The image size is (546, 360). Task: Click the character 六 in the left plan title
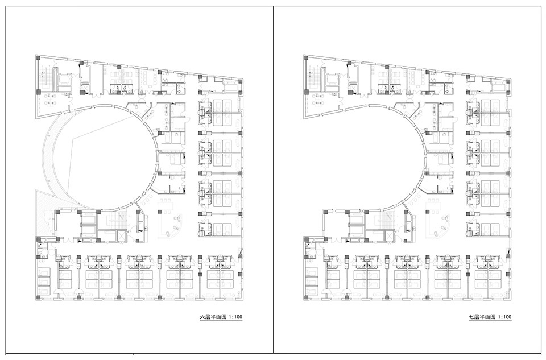201,317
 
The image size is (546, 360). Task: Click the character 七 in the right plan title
471,317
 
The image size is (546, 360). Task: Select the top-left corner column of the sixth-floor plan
39,58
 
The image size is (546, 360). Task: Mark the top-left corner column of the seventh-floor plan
307,58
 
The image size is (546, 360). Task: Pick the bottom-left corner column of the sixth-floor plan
38,297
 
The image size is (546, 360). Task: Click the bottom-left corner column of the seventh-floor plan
306,297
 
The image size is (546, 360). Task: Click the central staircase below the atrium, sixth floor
117,221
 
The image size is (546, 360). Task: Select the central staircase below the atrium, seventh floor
384,221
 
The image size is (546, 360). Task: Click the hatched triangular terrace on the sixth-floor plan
44,212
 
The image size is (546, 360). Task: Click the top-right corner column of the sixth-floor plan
240,81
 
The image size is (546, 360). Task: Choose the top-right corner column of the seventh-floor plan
508,81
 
